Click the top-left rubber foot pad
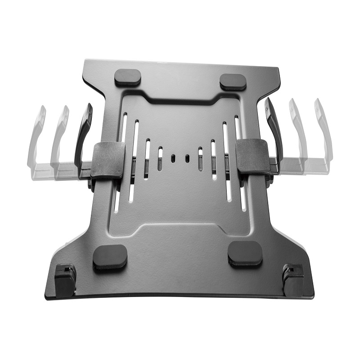coord(128,77)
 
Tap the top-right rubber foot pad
coord(233,81)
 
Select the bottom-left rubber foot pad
coord(110,257)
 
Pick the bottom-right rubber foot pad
coord(245,253)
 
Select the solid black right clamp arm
coord(274,130)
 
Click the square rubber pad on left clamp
coord(108,159)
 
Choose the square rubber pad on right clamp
coord(253,156)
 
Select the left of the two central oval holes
coord(173,158)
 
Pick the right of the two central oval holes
coord(187,158)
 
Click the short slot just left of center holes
coord(160,158)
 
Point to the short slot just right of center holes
coord(200,158)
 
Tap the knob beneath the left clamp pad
coord(91,184)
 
